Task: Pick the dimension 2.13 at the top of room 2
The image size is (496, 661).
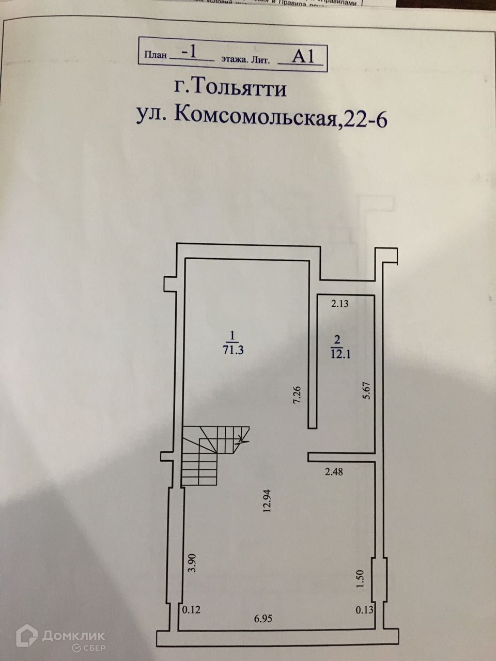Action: pyautogui.click(x=340, y=304)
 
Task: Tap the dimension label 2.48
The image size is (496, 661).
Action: pyautogui.click(x=334, y=471)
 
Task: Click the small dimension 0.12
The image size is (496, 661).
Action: pyautogui.click(x=191, y=610)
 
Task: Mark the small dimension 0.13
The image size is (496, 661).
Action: pyautogui.click(x=364, y=610)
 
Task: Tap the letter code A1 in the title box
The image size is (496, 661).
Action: pyautogui.click(x=303, y=56)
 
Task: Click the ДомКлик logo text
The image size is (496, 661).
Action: pyautogui.click(x=74, y=636)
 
